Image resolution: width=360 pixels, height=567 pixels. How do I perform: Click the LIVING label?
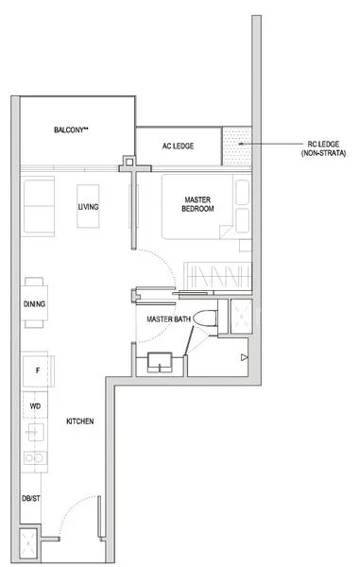tap(89, 207)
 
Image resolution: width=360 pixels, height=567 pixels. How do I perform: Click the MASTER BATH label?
tap(169, 320)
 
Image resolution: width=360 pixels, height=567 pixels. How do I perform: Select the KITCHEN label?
tap(79, 422)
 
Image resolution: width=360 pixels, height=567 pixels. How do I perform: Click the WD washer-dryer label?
tap(35, 405)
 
